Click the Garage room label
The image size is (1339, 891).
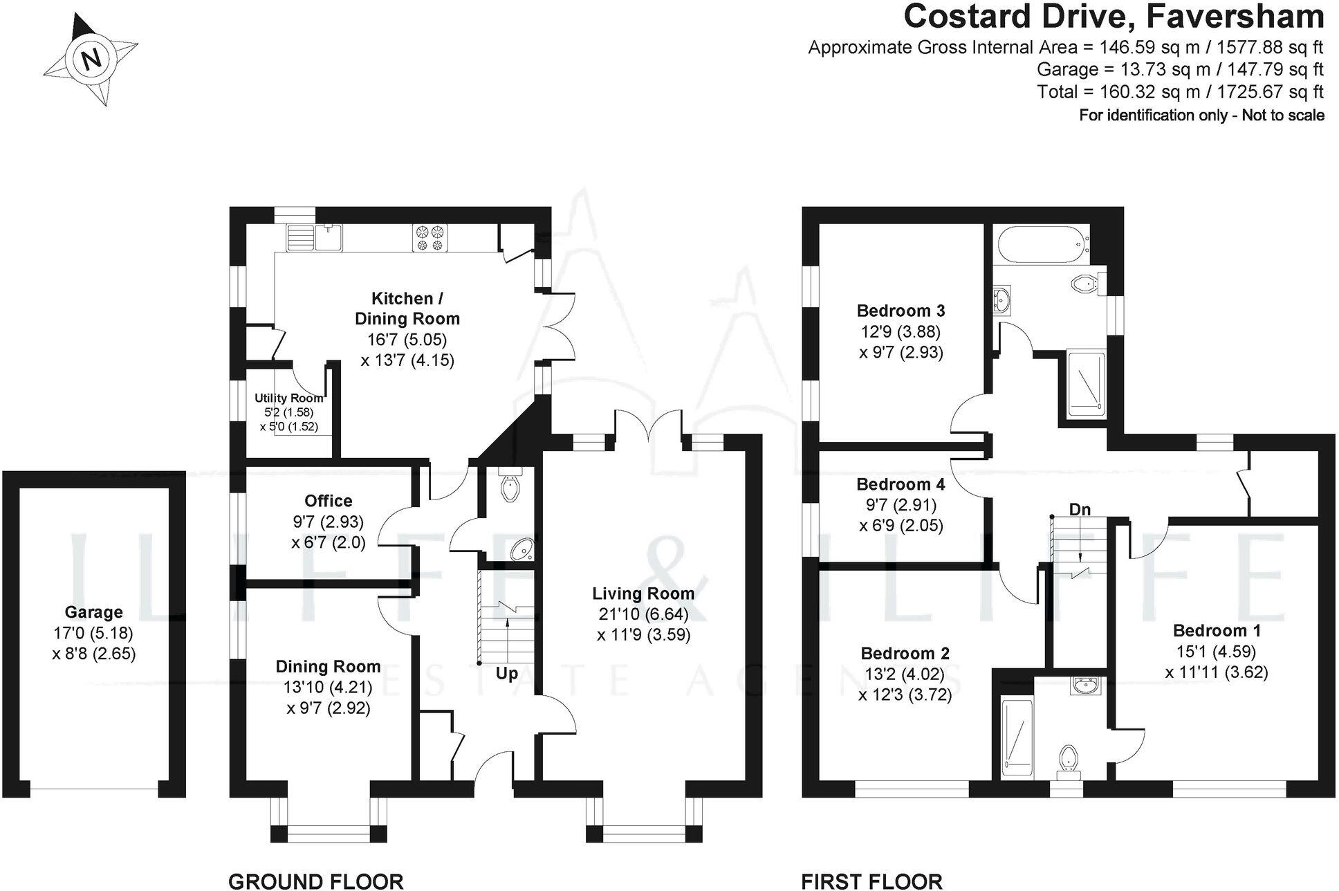pyautogui.click(x=93, y=612)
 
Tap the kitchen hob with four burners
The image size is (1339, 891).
pyautogui.click(x=430, y=237)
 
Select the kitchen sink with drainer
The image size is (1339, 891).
pyautogui.click(x=315, y=238)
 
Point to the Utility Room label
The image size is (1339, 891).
pyautogui.click(x=288, y=398)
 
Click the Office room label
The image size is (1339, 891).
pyautogui.click(x=329, y=501)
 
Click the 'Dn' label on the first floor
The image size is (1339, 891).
pyautogui.click(x=1080, y=510)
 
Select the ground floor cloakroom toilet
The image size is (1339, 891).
pyautogui.click(x=510, y=486)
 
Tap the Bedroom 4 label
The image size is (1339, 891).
pyautogui.click(x=901, y=484)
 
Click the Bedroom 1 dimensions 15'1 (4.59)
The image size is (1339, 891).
pyautogui.click(x=1216, y=651)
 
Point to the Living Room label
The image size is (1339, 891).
pyautogui.click(x=643, y=594)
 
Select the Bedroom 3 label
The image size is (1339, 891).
pyautogui.click(x=901, y=311)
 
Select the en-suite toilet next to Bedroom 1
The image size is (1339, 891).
pyautogui.click(x=1069, y=757)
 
